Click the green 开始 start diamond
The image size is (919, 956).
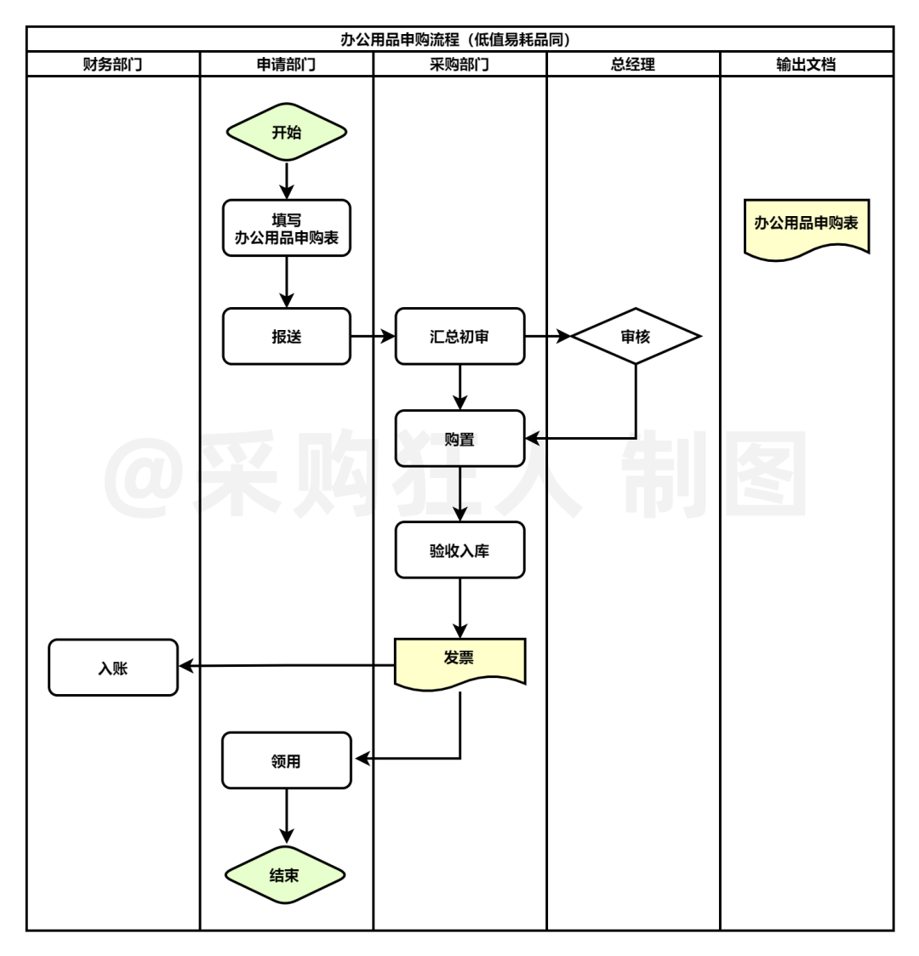pos(287,133)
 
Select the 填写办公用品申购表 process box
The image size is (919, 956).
pos(287,229)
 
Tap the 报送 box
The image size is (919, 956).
pos(287,337)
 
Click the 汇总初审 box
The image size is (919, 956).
pos(459,337)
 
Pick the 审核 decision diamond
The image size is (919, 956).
pos(636,337)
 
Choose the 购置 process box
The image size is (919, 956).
pos(459,439)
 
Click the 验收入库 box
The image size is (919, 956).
pos(459,550)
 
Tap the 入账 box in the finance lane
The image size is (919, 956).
pos(113,669)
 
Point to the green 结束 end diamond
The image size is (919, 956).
pos(285,875)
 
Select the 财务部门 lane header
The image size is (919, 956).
pos(113,65)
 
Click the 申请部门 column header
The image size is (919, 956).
pos(287,65)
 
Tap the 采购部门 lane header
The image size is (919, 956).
pos(459,65)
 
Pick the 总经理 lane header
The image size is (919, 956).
pos(633,65)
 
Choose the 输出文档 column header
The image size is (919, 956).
pos(807,65)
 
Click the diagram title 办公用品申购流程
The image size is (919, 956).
pos(459,39)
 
